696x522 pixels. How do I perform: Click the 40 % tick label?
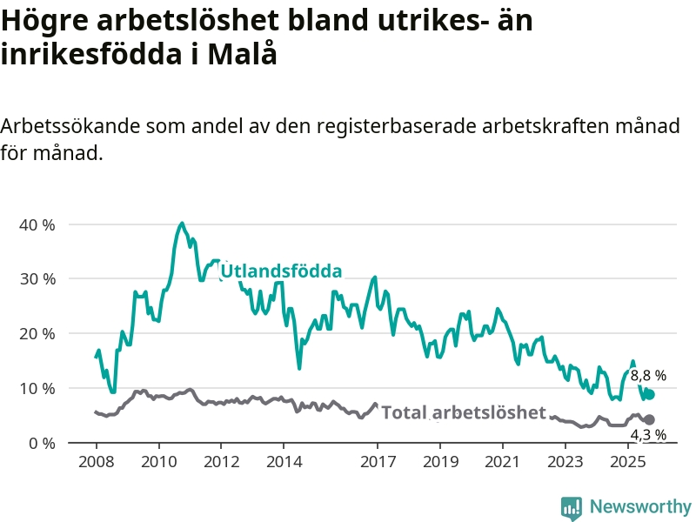(37, 224)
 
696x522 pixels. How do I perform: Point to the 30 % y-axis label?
(37, 279)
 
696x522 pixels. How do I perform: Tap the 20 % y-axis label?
(37, 334)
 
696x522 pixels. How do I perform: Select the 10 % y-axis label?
(37, 388)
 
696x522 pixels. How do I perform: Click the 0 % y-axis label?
(41, 443)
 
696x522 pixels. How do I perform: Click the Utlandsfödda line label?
(281, 271)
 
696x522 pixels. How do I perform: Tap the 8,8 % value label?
(648, 376)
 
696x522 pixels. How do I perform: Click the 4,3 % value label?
(648, 434)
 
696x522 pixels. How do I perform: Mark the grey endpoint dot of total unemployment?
(649, 419)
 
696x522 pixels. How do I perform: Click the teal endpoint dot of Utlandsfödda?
(649, 394)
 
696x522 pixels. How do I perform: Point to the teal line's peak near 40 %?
(182, 224)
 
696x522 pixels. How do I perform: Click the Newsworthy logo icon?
(572, 506)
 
